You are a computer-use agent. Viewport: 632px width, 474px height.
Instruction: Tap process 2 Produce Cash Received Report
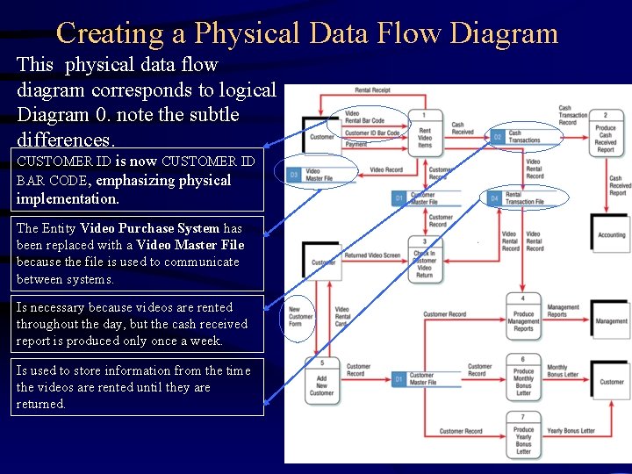pyautogui.click(x=606, y=133)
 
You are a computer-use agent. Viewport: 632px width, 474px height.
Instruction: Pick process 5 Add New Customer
pyautogui.click(x=322, y=380)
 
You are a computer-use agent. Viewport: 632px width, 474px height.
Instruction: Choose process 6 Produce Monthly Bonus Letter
pyautogui.click(x=523, y=377)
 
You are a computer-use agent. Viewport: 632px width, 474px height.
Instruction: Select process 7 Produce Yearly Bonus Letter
pyautogui.click(x=523, y=436)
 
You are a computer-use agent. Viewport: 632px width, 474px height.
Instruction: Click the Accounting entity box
pyautogui.click(x=611, y=233)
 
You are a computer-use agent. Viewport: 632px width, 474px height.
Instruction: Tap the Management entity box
pyautogui.click(x=611, y=320)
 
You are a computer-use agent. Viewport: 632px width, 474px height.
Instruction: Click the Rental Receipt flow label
pyautogui.click(x=373, y=90)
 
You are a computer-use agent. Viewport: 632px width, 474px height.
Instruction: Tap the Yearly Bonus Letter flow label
pyautogui.click(x=571, y=431)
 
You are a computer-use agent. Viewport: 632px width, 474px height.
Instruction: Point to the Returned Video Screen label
pyautogui.click(x=372, y=255)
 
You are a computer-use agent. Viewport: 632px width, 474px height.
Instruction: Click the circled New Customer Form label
pyautogui.click(x=300, y=316)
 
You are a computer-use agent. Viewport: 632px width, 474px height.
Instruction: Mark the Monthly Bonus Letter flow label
pyautogui.click(x=563, y=371)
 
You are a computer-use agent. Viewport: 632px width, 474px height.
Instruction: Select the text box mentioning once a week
pyautogui.click(x=140, y=324)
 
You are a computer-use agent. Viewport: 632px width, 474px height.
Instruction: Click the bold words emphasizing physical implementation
pyautogui.click(x=123, y=190)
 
